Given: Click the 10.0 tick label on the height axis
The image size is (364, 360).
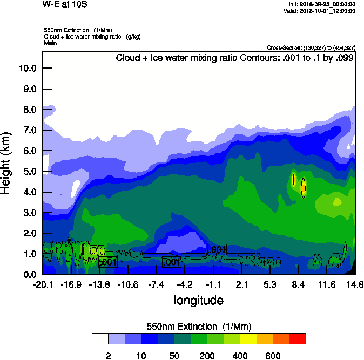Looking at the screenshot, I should [27, 68].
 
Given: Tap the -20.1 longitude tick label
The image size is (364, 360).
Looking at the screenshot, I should [43, 284].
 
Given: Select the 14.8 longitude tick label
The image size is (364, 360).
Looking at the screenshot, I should [355, 284].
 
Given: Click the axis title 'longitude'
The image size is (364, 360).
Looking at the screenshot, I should [198, 300].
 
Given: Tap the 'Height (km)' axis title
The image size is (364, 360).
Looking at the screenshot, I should [6, 162].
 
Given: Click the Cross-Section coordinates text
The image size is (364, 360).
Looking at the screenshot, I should [311, 47].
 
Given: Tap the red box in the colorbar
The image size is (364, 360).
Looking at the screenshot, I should [298, 338].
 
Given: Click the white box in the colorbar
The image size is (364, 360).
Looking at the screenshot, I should [100, 338].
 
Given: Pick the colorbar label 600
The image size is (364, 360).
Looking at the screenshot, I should [273, 356].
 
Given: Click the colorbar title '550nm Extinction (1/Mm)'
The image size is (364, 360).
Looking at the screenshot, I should [199, 326].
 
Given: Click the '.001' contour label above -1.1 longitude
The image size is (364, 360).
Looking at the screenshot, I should [217, 249].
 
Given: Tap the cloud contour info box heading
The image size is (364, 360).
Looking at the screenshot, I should [234, 58].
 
